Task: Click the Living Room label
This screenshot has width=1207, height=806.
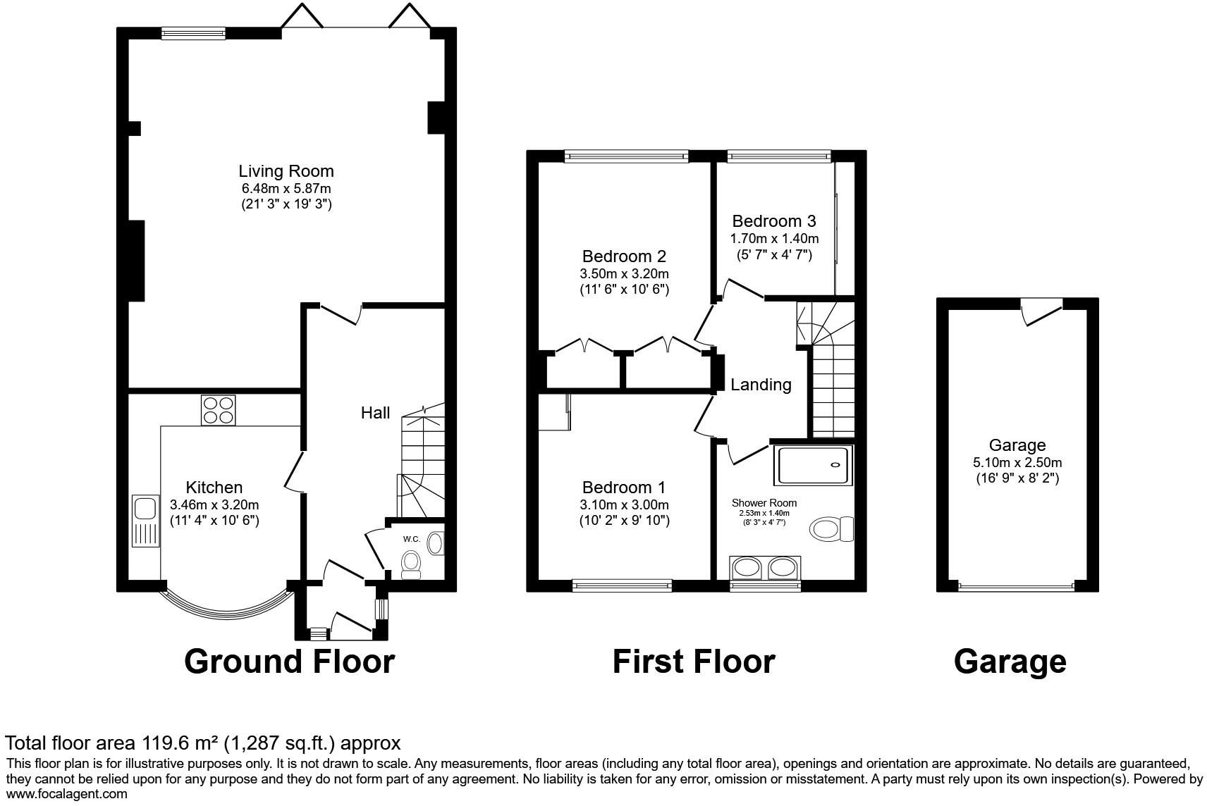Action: (x=286, y=171)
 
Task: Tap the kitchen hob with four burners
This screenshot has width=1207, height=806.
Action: (x=219, y=410)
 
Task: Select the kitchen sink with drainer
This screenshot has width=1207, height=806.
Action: (x=145, y=521)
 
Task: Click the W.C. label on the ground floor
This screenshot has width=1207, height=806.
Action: (x=411, y=539)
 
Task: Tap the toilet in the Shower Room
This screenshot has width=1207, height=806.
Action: (x=831, y=528)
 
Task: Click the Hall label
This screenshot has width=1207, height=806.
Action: (x=375, y=413)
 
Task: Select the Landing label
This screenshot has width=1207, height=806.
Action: (x=761, y=385)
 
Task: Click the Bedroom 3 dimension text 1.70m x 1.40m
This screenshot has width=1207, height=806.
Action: (x=774, y=239)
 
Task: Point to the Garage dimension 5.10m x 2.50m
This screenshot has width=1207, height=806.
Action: (x=1017, y=462)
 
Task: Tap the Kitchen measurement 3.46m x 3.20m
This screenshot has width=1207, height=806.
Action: (x=214, y=505)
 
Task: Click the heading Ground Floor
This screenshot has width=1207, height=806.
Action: (x=289, y=662)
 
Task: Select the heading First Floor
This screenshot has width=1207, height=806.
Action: (x=694, y=662)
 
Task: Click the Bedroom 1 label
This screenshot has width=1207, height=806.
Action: (x=624, y=488)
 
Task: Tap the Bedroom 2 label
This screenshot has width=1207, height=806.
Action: (x=624, y=256)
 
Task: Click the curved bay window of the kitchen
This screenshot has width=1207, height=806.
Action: (x=227, y=614)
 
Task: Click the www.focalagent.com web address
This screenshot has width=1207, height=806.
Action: (x=67, y=794)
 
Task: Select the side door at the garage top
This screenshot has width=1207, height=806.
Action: (x=1042, y=311)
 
